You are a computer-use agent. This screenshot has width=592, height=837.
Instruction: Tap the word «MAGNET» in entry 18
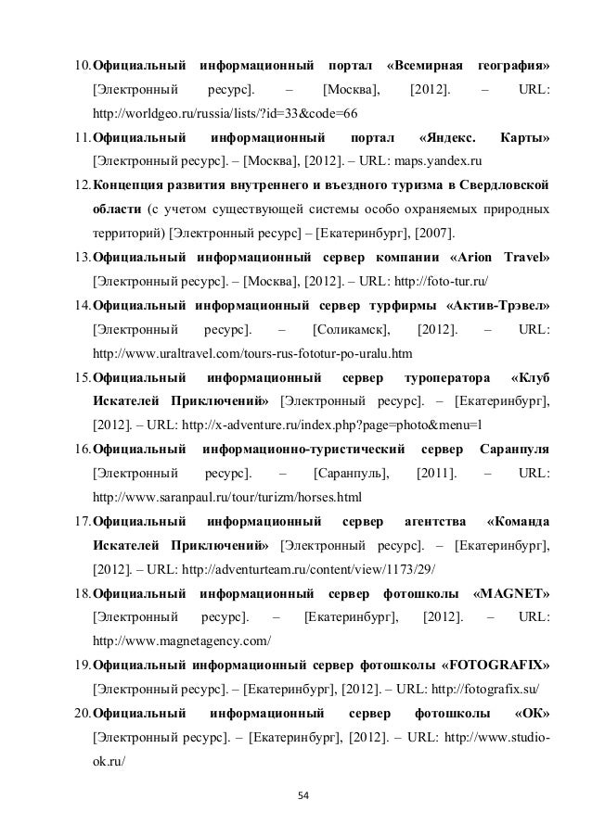(510, 592)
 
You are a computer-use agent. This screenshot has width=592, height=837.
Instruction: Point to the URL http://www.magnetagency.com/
(183, 640)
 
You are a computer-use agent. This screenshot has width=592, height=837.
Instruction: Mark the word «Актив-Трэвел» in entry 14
(497, 303)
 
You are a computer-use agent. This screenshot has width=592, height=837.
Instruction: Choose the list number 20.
(83, 713)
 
